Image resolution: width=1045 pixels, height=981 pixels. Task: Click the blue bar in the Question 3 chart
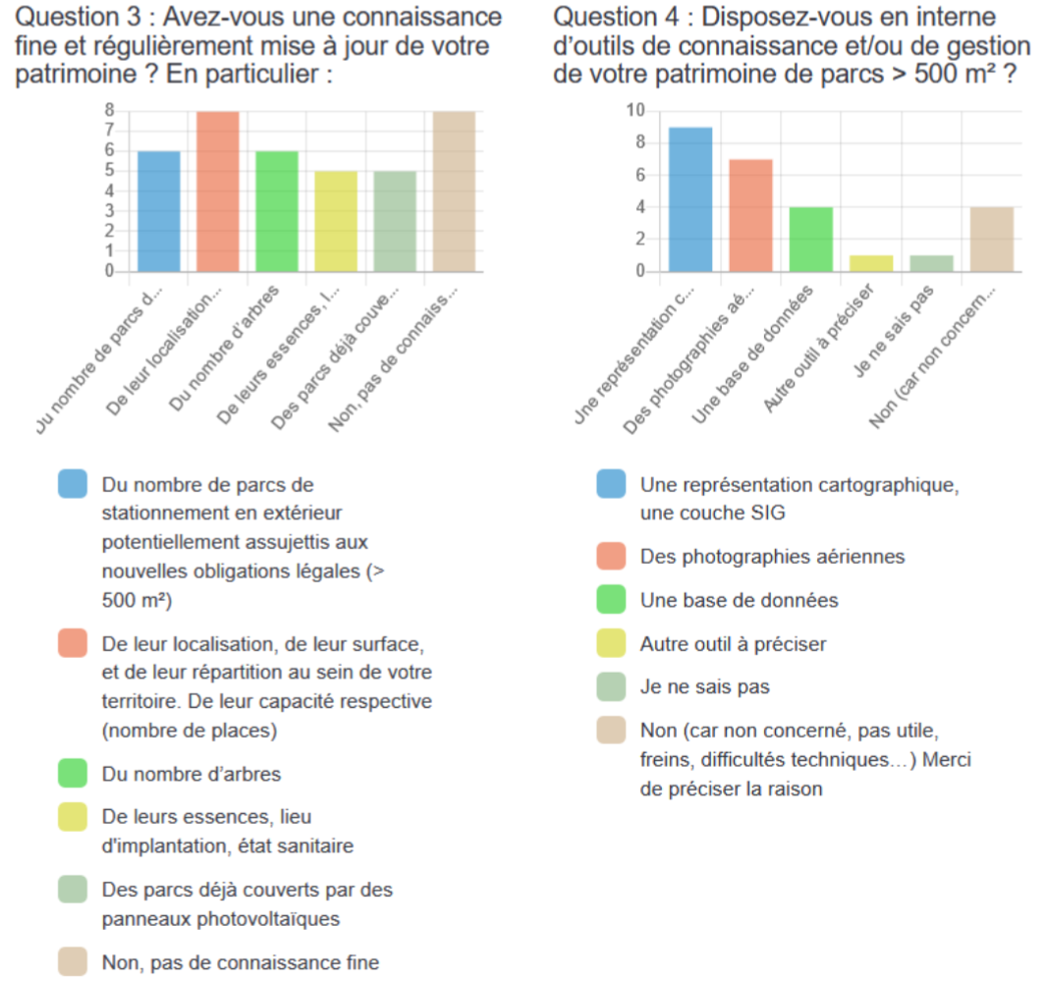(x=158, y=211)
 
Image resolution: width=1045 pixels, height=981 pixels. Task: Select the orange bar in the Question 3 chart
(x=218, y=191)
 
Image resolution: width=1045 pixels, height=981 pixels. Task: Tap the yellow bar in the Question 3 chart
(x=336, y=221)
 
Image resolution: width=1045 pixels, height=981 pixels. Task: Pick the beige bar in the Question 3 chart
(x=454, y=191)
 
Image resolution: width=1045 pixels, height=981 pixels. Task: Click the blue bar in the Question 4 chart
(x=690, y=199)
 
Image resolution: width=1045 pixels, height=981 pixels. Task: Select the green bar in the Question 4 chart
(x=811, y=239)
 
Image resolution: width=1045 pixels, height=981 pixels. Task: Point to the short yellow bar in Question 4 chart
(x=871, y=263)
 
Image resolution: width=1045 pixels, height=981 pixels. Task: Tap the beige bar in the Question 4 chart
(x=991, y=239)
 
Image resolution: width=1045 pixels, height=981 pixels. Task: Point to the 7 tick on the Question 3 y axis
(x=110, y=131)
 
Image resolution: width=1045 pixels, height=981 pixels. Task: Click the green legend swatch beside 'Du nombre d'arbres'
(x=74, y=774)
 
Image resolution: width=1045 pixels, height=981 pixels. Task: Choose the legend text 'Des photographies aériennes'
(x=772, y=557)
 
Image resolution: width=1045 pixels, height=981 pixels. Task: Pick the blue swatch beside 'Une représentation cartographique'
(x=611, y=485)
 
